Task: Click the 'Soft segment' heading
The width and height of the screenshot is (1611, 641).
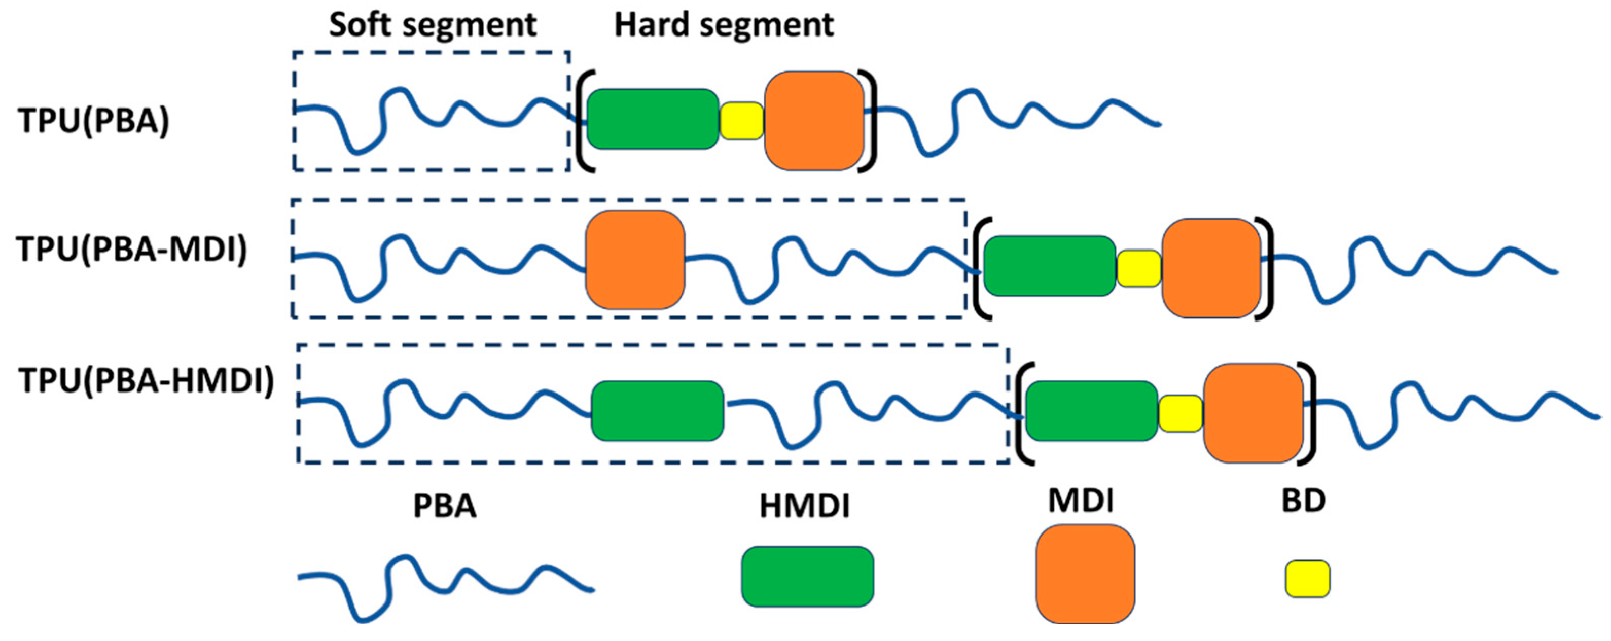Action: click(432, 25)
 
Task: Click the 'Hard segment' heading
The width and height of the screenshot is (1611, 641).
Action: click(724, 25)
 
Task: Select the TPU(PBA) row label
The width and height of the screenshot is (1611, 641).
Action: click(94, 120)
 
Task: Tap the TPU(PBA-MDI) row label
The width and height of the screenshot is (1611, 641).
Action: click(132, 249)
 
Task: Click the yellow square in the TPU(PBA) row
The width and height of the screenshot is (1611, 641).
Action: click(742, 121)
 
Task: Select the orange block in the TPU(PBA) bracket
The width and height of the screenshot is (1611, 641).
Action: click(814, 121)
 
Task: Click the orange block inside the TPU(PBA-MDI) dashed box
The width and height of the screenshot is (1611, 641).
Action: click(635, 260)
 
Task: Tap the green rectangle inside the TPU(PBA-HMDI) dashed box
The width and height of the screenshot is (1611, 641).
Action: click(657, 411)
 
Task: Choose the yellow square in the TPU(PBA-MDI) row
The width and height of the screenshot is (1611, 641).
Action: click(1139, 268)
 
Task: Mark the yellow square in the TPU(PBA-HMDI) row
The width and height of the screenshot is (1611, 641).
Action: click(1180, 413)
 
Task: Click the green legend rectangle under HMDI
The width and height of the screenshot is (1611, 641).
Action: click(807, 576)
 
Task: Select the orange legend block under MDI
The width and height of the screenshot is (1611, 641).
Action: click(1085, 574)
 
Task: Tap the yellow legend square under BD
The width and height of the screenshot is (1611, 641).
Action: click(1308, 579)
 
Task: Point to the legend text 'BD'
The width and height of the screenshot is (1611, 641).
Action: click(1304, 501)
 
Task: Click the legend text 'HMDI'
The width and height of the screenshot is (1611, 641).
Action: click(805, 506)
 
